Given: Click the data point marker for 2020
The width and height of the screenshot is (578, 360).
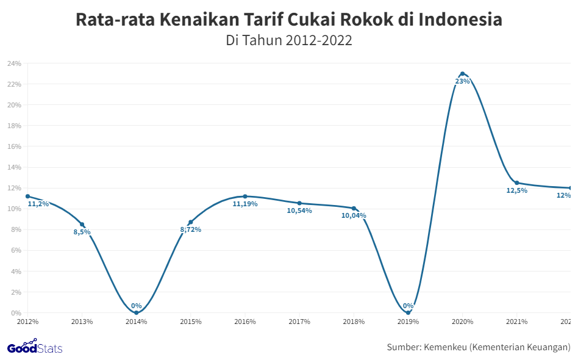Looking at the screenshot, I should point(462,74).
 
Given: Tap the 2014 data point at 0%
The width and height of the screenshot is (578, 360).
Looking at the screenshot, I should point(136,312).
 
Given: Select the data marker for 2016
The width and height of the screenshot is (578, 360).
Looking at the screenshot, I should point(245,196).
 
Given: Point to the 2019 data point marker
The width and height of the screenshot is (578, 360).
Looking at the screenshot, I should point(408,312).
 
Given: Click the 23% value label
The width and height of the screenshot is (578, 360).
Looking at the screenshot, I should point(462,81).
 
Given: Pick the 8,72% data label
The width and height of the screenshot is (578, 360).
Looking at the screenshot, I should point(190,230).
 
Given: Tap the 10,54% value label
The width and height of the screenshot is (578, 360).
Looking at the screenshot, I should point(299,211).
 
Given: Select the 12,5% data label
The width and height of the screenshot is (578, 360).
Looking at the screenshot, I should point(516,190).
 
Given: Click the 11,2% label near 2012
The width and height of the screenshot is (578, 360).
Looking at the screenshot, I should point(38,204).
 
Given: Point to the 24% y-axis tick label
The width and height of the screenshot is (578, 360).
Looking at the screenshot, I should point(14,63).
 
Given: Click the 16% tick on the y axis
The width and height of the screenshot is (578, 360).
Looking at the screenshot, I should point(14,146).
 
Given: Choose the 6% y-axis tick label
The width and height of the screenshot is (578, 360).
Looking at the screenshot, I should point(16,250).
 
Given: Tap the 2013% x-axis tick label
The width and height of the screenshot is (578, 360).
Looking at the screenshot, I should point(82,322).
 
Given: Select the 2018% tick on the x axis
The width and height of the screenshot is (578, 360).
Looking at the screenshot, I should point(354,322).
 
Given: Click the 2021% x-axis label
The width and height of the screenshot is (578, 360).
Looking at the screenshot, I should point(516,322).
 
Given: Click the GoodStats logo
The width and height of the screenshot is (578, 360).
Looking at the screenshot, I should point(35,347).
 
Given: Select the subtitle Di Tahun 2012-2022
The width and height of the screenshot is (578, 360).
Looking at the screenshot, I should point(289,41).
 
